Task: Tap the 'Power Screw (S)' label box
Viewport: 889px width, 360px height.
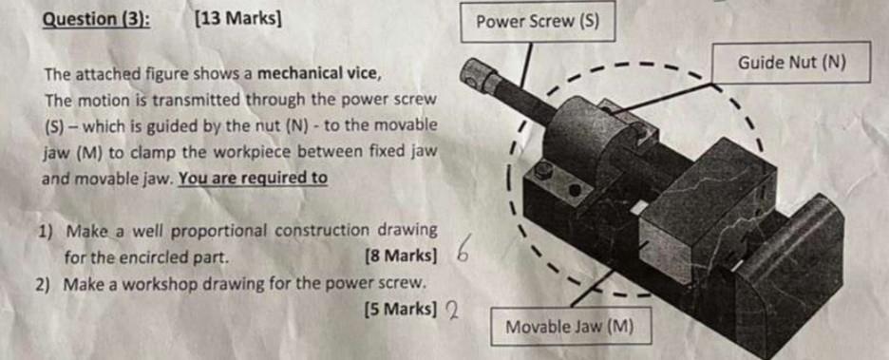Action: (537, 23)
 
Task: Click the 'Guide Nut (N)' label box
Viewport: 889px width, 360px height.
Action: (790, 63)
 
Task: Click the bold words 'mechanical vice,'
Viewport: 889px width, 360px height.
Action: (321, 73)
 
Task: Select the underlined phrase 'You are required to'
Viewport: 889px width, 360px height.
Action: (253, 178)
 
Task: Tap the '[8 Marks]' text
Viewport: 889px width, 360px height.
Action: (399, 256)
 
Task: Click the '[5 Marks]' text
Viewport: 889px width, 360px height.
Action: (400, 308)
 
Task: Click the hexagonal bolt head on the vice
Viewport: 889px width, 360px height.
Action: (544, 172)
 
